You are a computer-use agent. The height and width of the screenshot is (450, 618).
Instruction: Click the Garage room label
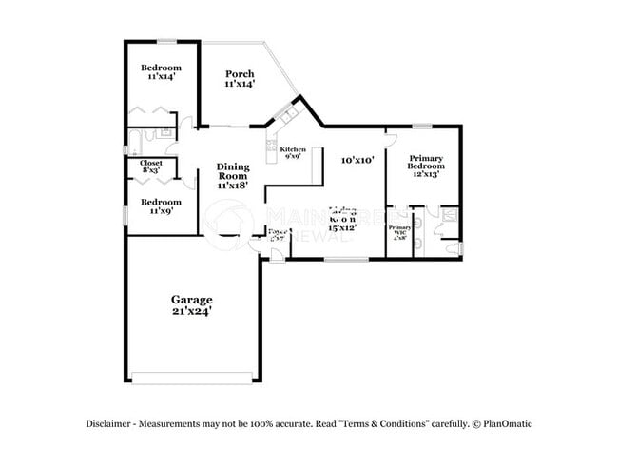pos(192,299)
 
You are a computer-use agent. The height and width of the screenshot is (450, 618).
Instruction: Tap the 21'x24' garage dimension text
pos(192,310)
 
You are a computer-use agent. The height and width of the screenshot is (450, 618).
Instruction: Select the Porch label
pos(238,74)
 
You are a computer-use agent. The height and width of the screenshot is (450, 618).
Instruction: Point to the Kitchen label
pos(292,148)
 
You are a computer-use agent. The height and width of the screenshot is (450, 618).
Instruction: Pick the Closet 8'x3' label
pos(151,167)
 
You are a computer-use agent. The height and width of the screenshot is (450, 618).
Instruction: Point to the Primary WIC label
pos(399,232)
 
